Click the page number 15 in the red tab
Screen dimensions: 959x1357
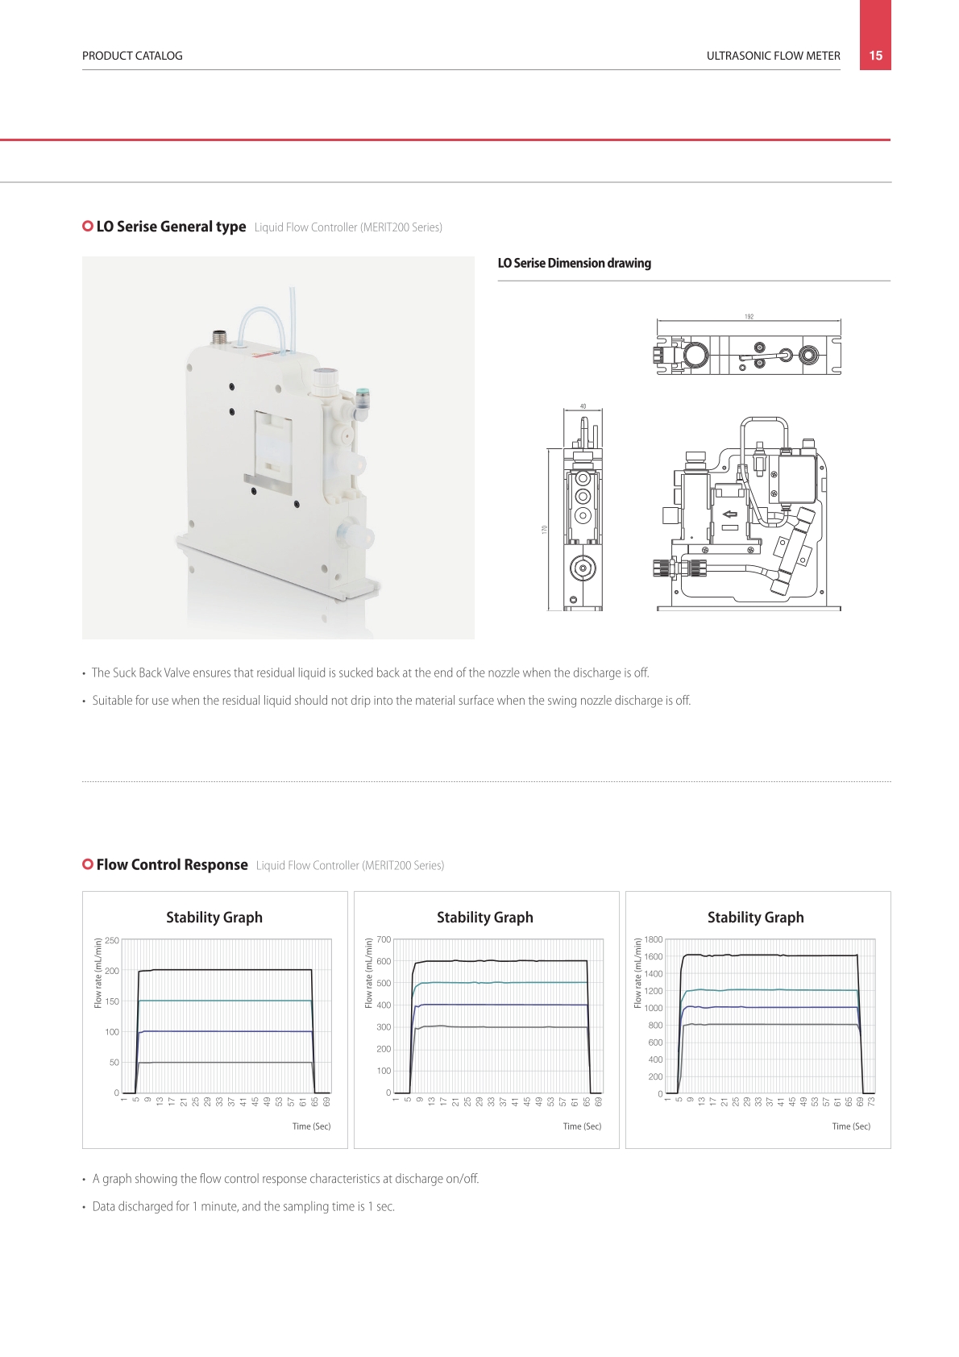tap(875, 56)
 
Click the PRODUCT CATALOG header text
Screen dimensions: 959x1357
tap(132, 56)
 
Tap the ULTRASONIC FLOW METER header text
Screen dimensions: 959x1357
tap(773, 56)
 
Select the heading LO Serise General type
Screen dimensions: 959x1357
tap(171, 227)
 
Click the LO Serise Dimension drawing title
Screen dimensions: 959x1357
tap(574, 263)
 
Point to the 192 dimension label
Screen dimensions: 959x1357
tap(749, 316)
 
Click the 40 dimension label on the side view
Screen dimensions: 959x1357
tap(583, 406)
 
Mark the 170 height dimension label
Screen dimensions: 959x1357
tap(544, 530)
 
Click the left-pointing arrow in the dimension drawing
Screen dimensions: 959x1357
tap(730, 514)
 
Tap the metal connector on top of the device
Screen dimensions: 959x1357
tap(218, 337)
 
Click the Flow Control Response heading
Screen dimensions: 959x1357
tap(172, 864)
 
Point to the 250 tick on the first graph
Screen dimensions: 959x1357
tap(112, 940)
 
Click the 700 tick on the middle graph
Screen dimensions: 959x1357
tap(384, 939)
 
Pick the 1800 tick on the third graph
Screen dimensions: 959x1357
tap(654, 939)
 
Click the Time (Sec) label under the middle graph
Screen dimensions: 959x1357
tap(582, 1126)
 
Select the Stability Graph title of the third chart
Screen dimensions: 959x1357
tap(756, 918)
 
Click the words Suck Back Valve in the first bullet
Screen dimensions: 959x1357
tap(157, 672)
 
